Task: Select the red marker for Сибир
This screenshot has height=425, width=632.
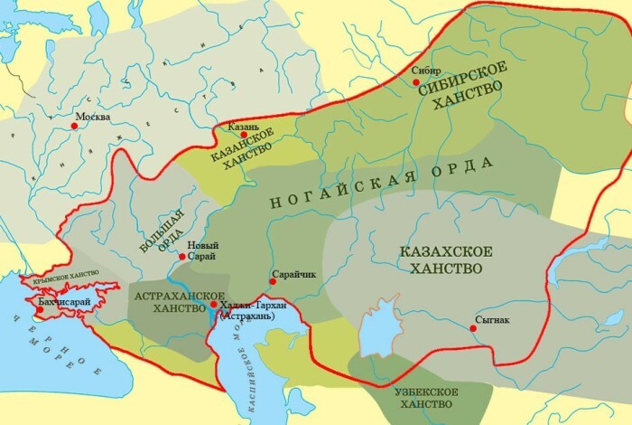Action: click(415, 82)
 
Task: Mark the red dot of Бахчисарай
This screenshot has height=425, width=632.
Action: click(39, 310)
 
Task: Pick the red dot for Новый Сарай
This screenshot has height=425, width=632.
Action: click(182, 258)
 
